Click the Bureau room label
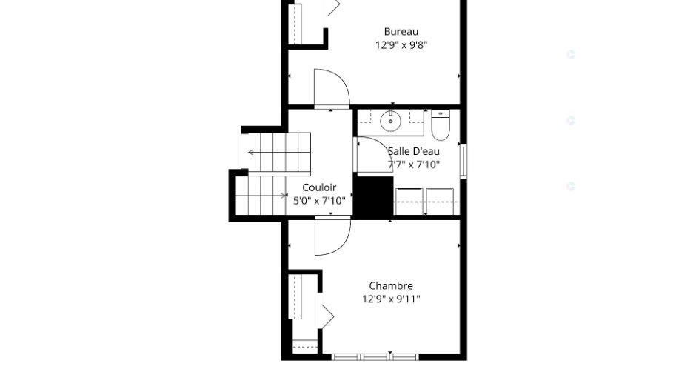coord(401,32)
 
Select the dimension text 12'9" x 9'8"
coord(401,45)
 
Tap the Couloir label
coord(319,187)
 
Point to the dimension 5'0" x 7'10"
coord(319,201)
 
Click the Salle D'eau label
coord(414,151)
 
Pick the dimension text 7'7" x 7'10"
coord(414,165)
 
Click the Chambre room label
coord(391,285)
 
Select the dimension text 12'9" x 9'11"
coord(391,299)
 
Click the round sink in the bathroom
coord(391,122)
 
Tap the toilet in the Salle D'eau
coord(441,125)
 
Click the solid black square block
coord(373,196)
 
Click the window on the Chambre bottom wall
coord(375,356)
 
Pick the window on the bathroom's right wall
coord(464,161)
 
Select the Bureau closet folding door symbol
coord(333,7)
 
